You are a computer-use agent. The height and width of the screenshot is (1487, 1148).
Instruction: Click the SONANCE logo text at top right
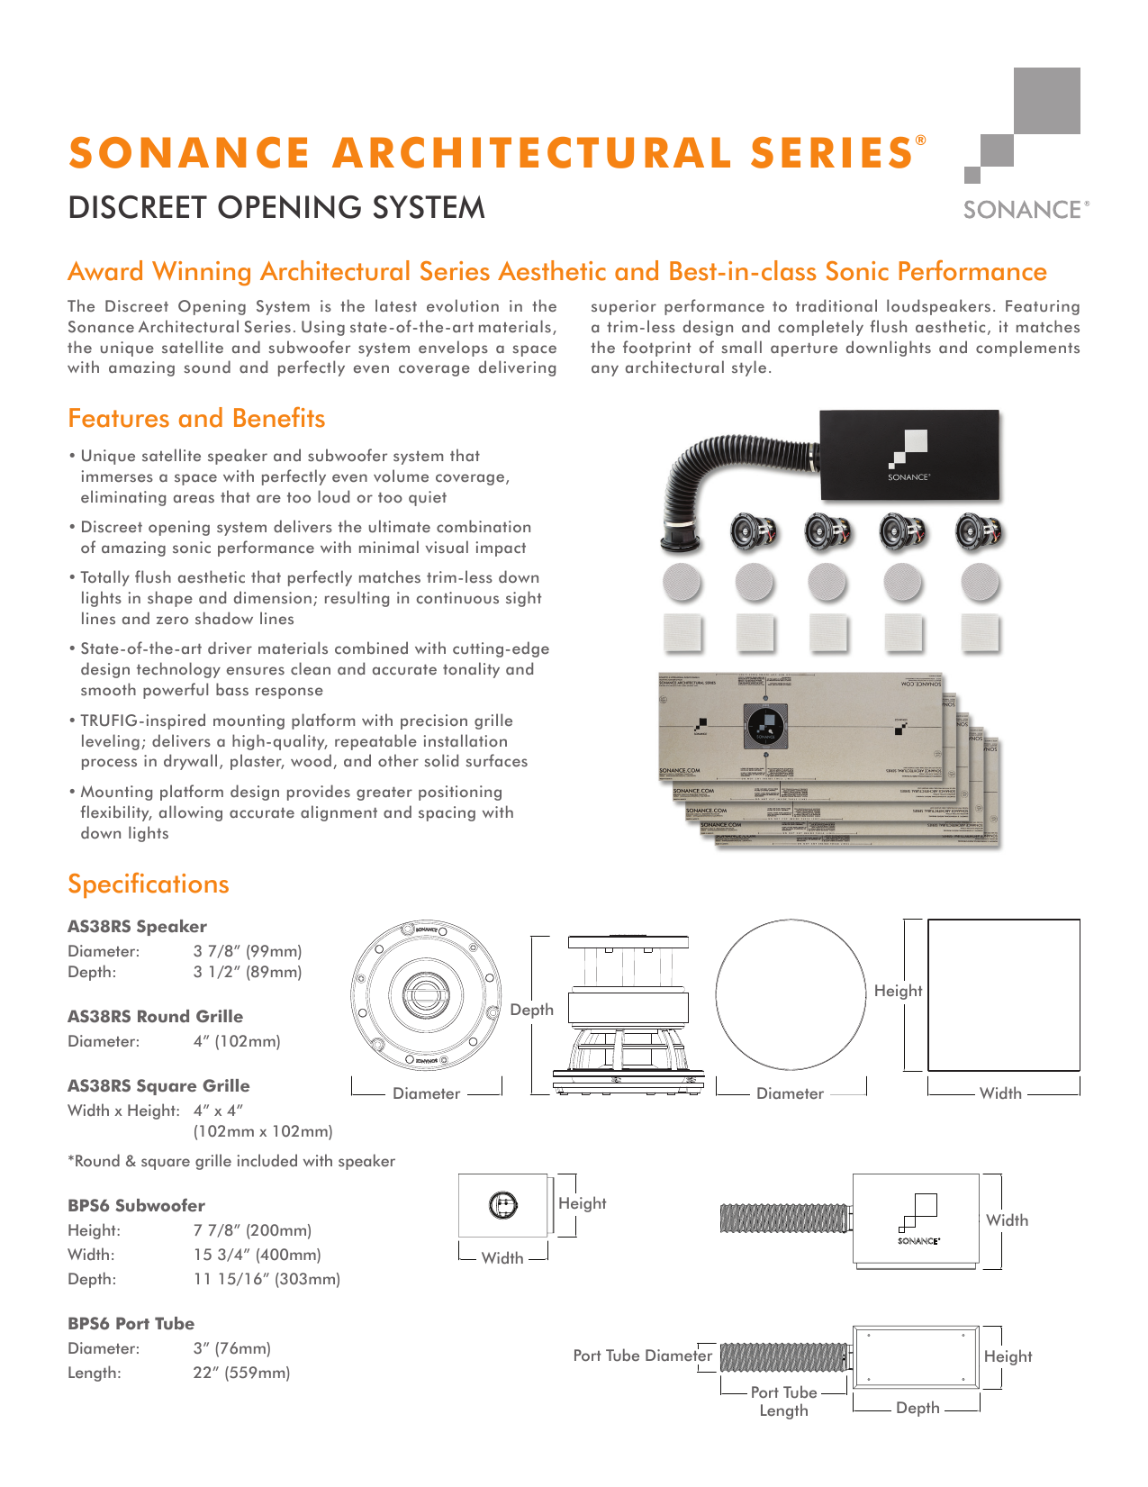[x=1025, y=210]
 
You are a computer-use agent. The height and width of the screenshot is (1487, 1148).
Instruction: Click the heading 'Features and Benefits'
[x=196, y=419]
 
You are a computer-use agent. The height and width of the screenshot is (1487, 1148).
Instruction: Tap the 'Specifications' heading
[x=149, y=884]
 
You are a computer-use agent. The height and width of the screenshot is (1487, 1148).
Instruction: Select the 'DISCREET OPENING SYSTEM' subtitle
[x=276, y=208]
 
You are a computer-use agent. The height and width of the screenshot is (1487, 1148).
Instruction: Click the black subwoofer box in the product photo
[x=909, y=455]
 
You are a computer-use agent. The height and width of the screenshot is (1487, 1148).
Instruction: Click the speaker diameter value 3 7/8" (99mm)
[x=248, y=951]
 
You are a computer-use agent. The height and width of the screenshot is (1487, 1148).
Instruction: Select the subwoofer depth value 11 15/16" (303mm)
[x=267, y=1279]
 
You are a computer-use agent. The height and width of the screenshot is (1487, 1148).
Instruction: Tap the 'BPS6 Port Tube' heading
[x=131, y=1324]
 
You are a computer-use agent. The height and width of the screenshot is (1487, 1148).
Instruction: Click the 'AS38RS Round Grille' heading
[x=155, y=1017]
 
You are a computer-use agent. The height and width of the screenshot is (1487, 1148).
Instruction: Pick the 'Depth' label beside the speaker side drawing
[x=531, y=1011]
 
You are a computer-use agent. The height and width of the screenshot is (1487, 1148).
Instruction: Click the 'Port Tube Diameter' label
[x=642, y=1356]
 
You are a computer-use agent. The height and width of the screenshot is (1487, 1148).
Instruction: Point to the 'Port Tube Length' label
[x=783, y=1401]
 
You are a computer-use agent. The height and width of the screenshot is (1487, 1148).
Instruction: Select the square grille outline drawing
[x=1003, y=994]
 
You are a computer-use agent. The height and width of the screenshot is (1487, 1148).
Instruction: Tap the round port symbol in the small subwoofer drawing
[x=502, y=1205]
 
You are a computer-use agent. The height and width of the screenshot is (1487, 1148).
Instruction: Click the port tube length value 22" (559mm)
[x=241, y=1374]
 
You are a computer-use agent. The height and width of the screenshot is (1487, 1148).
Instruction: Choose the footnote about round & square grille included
[x=231, y=1162]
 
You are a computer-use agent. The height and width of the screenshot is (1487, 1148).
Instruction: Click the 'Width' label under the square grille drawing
[x=1000, y=1093]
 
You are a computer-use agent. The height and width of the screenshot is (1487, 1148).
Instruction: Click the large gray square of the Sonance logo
[x=1046, y=101]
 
